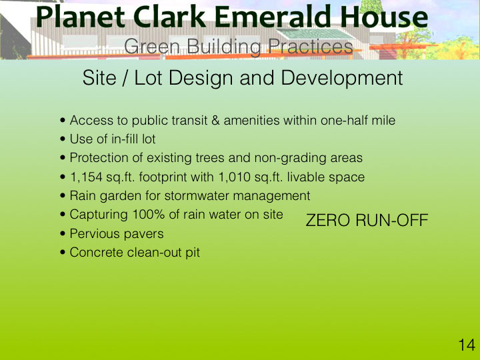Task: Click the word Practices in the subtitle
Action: (x=311, y=47)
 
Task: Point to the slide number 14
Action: (x=467, y=345)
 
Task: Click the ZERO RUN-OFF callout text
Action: (x=367, y=220)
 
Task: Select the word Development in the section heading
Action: (x=341, y=78)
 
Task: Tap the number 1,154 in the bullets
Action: (x=86, y=177)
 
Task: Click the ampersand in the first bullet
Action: (x=215, y=120)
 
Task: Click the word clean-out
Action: (x=154, y=253)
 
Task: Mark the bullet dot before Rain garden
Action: (x=63, y=196)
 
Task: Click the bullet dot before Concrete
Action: (x=63, y=253)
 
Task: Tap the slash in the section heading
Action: (x=125, y=78)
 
